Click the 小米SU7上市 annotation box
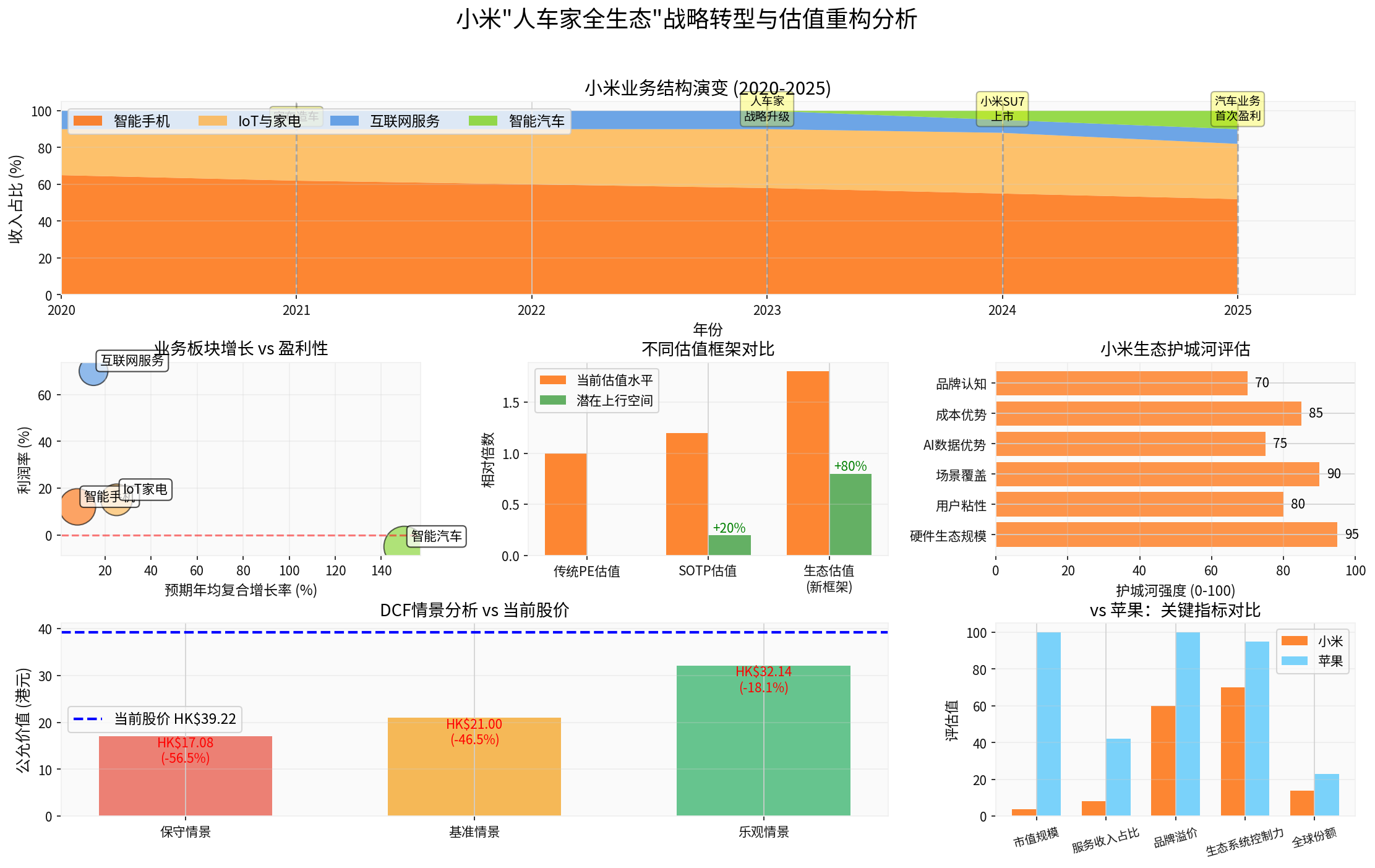click(1002, 109)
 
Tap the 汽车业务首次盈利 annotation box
click(1237, 108)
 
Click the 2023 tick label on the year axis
click(767, 311)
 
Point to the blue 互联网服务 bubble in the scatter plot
click(93, 371)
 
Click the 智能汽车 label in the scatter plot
click(437, 536)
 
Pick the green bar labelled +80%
click(850, 515)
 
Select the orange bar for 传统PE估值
click(565, 504)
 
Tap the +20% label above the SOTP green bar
click(729, 528)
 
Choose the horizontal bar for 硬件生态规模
click(1166, 535)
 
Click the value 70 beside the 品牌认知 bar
click(1262, 383)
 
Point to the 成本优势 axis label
click(961, 415)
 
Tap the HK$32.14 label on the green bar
click(763, 672)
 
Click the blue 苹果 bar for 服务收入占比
click(1118, 777)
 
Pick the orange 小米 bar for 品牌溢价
click(1163, 761)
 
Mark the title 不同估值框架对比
click(708, 350)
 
